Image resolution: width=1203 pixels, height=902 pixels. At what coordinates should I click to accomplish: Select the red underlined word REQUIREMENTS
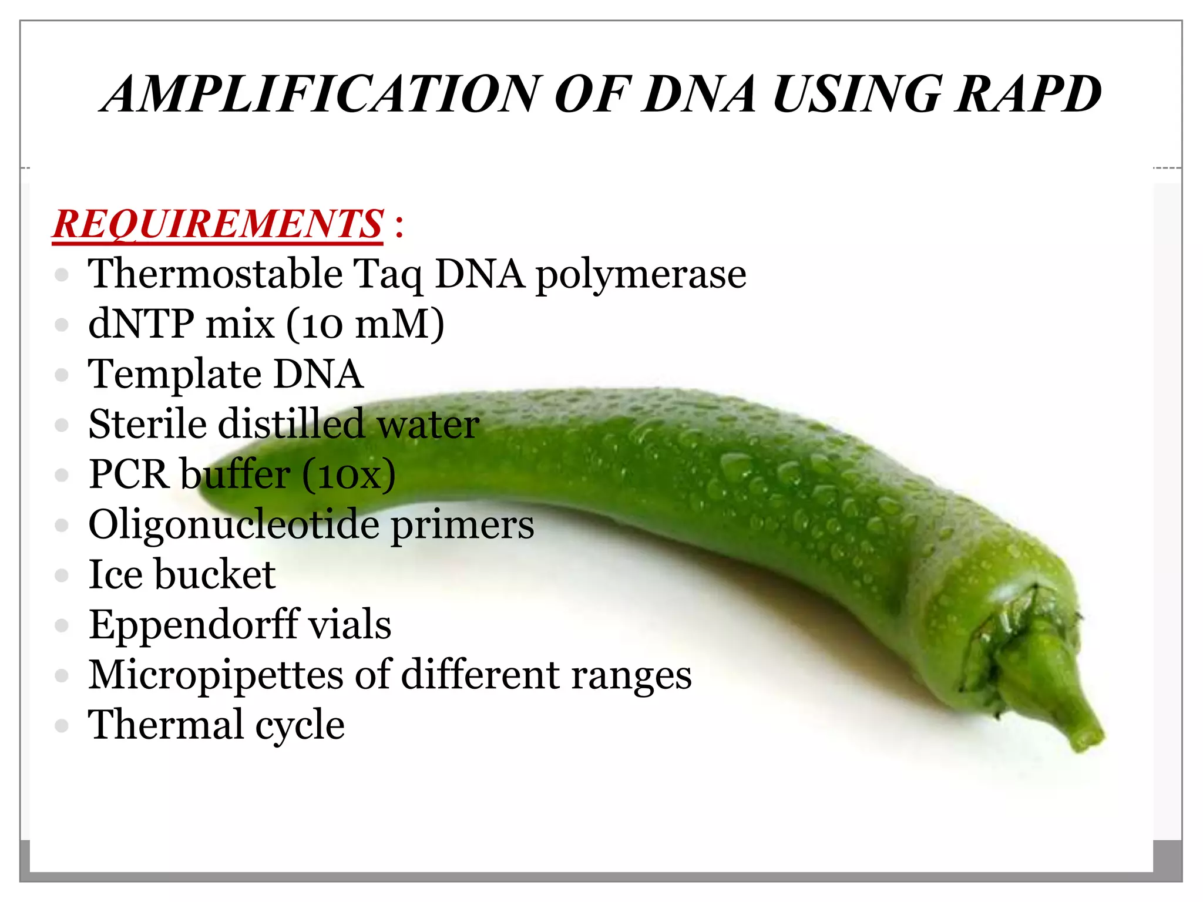click(218, 224)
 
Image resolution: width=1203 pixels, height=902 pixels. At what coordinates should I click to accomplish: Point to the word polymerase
click(641, 274)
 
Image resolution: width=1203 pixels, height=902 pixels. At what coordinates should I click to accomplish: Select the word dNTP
click(141, 324)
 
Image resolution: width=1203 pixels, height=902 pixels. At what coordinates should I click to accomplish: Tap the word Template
click(173, 375)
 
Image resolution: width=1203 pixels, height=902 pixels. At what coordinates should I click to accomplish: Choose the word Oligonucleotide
click(234, 524)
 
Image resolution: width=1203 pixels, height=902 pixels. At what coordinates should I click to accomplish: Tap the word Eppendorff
click(191, 624)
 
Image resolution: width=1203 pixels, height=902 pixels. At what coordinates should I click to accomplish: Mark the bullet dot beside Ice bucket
click(62, 575)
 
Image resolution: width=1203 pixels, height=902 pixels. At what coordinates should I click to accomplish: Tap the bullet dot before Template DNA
click(62, 375)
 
